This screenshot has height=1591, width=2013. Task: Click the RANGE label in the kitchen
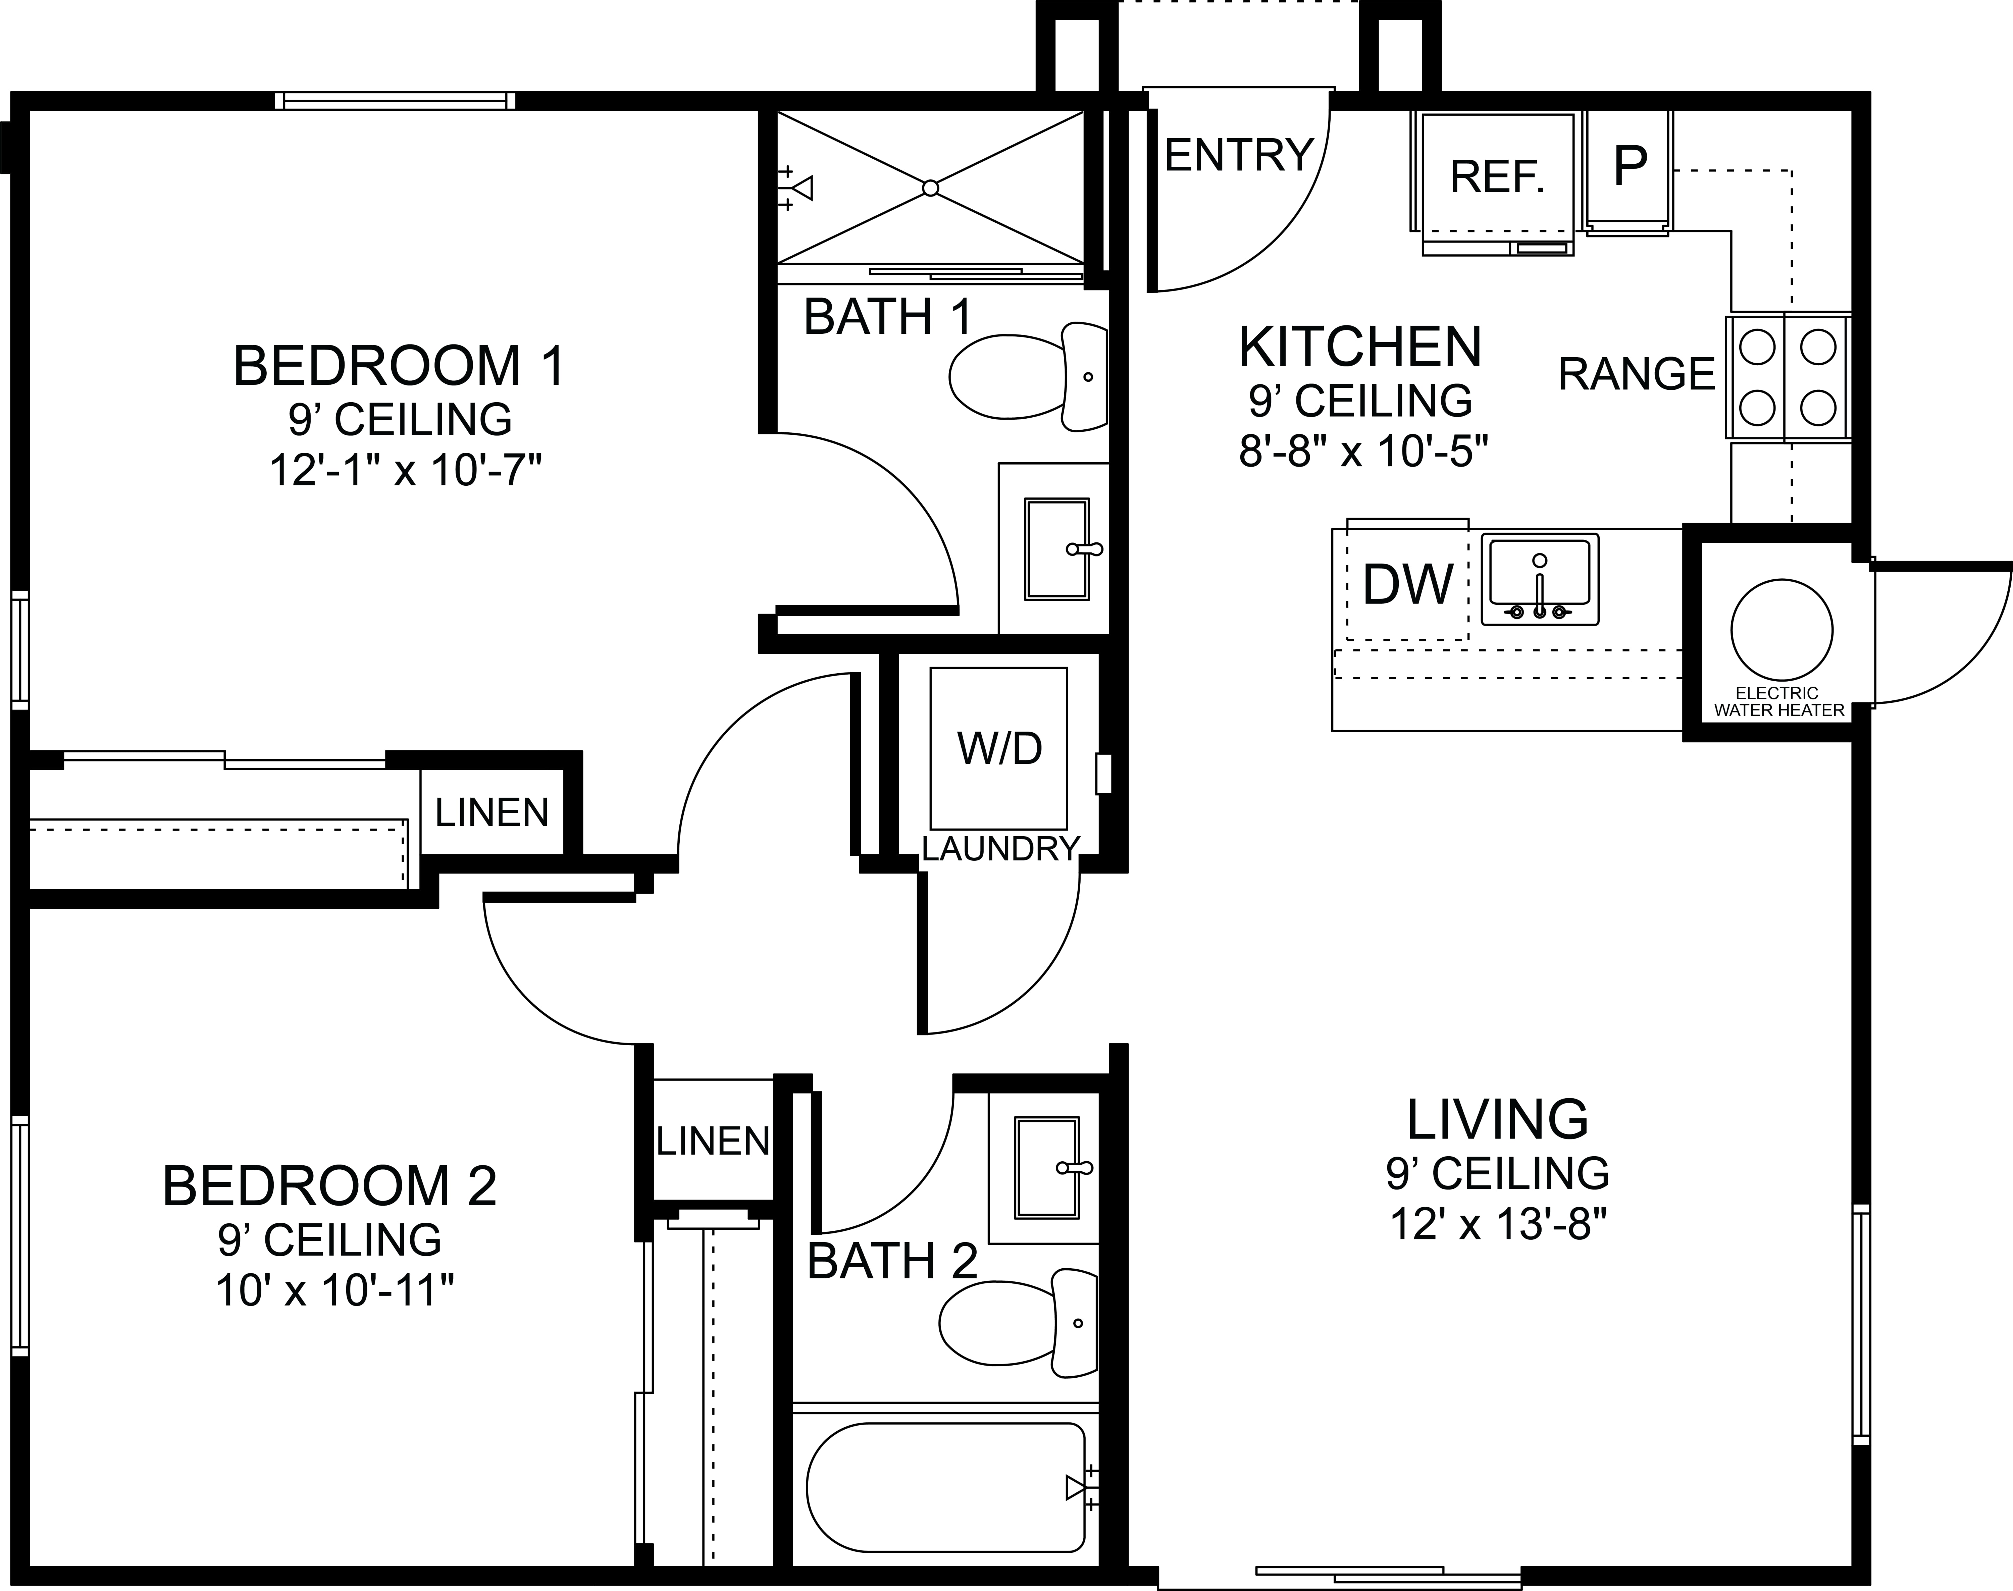(1637, 374)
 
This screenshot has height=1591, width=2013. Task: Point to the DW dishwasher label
(1407, 585)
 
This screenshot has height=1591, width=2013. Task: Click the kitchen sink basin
(1540, 578)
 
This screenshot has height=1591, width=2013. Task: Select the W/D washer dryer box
(998, 748)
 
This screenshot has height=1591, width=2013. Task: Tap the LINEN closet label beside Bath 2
(713, 1141)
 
